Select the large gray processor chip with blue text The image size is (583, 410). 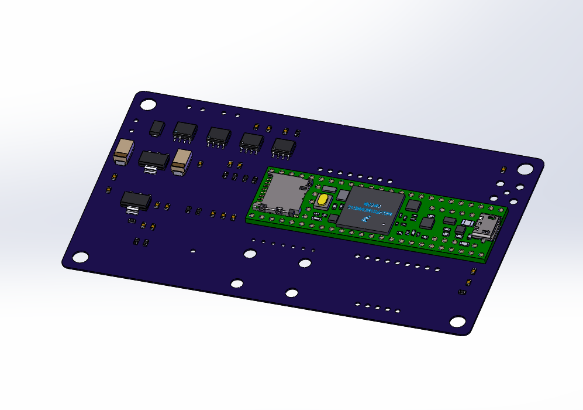pos(374,209)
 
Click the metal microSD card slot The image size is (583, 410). pos(283,194)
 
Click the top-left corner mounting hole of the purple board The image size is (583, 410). pos(149,104)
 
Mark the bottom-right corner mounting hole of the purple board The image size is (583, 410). pos(457,322)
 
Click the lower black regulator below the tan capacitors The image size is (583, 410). pos(135,201)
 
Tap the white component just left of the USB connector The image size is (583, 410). pos(467,223)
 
